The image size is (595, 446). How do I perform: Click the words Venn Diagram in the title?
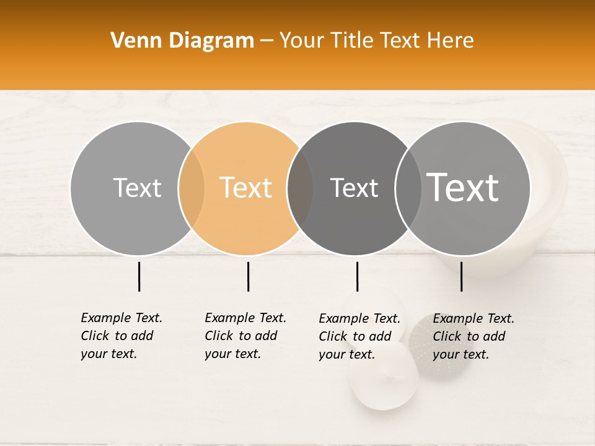click(x=182, y=41)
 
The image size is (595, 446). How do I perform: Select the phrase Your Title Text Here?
click(x=376, y=41)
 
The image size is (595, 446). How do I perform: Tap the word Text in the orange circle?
click(x=246, y=188)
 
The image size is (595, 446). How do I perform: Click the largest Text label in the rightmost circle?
click(x=463, y=187)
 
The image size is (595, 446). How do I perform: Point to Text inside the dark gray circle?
click(x=354, y=188)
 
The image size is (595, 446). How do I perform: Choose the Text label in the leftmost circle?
click(x=137, y=188)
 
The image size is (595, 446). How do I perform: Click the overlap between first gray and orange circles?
click(x=192, y=188)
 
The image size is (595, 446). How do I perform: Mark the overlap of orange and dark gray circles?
click(x=300, y=188)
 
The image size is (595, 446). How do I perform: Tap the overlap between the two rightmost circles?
click(x=408, y=188)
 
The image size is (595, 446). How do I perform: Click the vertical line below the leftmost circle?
click(x=139, y=276)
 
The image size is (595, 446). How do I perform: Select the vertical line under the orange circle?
click(x=248, y=276)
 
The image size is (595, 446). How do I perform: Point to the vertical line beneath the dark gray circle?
click(x=357, y=276)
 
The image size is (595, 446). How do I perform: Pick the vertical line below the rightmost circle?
click(x=461, y=276)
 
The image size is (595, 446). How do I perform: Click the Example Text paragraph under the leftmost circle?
click(x=121, y=336)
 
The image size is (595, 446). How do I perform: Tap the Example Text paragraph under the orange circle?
click(x=245, y=336)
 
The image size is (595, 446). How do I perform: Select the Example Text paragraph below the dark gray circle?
click(x=359, y=336)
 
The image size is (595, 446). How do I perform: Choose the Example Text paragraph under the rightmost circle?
click(x=473, y=336)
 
